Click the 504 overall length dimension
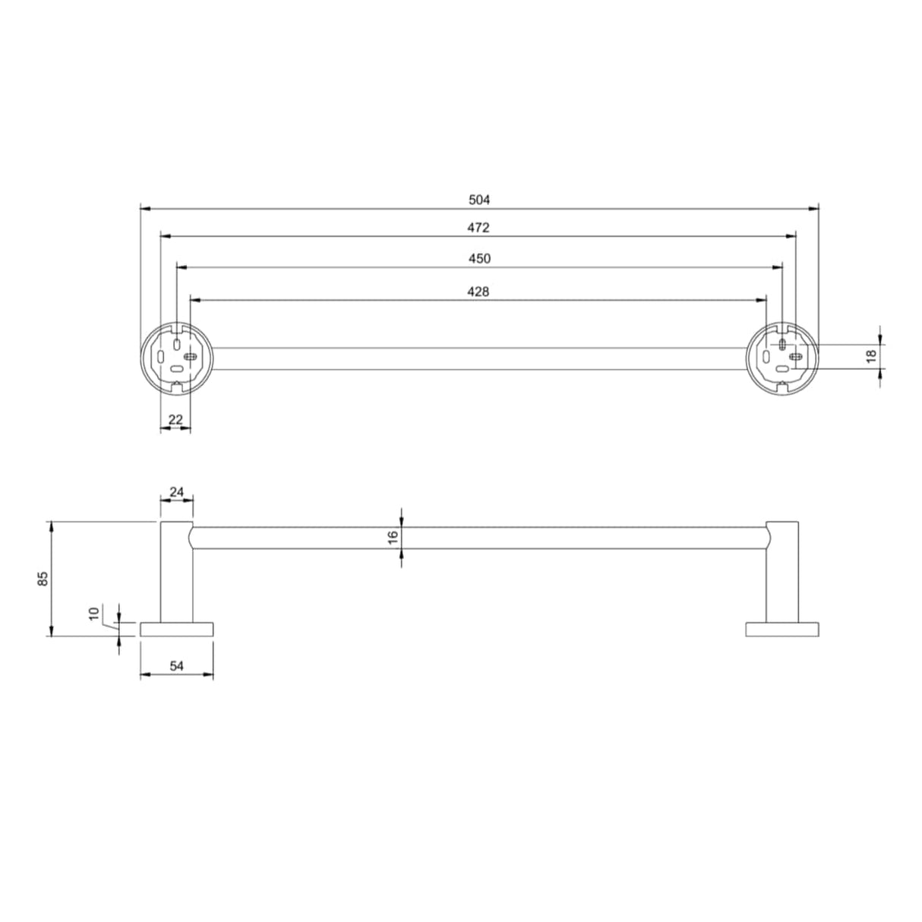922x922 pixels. [x=480, y=200]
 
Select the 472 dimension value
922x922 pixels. [x=480, y=228]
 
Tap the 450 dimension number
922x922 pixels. [x=480, y=259]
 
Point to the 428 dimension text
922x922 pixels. [x=478, y=291]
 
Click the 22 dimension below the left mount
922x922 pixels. [x=175, y=419]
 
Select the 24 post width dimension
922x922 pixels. [x=176, y=491]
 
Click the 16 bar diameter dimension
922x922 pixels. [x=393, y=536]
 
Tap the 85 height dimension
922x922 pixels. [x=43, y=579]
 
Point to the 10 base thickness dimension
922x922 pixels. [x=94, y=614]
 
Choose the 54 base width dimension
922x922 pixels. [x=176, y=666]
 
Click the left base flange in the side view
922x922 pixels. [x=177, y=629]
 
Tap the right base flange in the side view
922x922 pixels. [x=782, y=629]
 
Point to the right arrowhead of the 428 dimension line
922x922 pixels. [x=763, y=300]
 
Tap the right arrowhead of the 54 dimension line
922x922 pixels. [x=209, y=674]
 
